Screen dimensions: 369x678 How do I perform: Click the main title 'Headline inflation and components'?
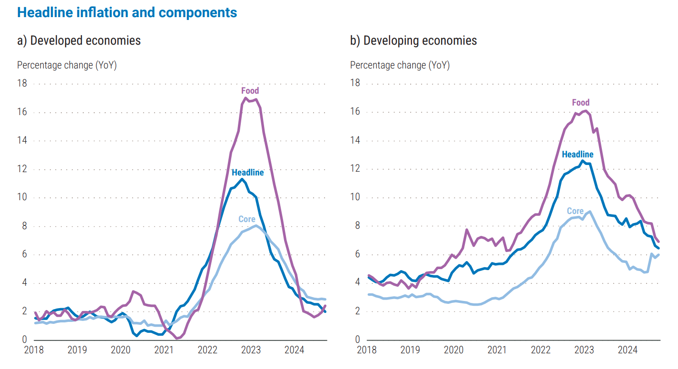coord(127,13)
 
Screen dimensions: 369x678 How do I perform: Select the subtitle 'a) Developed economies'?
coord(79,40)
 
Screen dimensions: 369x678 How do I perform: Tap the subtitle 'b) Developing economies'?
coord(413,40)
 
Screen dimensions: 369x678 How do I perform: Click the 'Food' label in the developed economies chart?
coord(250,90)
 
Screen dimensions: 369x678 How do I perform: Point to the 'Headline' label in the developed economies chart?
coord(247,173)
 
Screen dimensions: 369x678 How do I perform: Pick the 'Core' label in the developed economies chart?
coord(247,219)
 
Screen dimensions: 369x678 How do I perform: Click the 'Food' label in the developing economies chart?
coord(580,102)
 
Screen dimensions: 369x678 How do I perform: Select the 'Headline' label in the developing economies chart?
coord(578,155)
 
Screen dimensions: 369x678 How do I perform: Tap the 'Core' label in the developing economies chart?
coord(575,211)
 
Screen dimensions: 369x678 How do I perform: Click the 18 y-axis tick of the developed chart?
coord(22,84)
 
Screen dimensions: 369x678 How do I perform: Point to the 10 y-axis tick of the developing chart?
coord(355,197)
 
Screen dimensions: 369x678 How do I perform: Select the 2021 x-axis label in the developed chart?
coord(164,350)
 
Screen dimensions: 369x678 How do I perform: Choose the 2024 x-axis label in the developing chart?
coord(628,350)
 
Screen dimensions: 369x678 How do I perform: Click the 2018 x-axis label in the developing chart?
coord(366,350)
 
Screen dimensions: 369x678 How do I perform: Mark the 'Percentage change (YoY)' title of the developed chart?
coord(67,65)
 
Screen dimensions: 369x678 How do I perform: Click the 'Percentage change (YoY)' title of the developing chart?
coord(400,65)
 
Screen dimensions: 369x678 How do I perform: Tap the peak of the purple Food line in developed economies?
coord(246,98)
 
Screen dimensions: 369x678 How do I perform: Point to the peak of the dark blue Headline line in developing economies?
coord(582,160)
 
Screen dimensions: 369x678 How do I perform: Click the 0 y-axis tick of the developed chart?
coord(24,340)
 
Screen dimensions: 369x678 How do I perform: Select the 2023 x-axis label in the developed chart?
coord(251,350)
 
